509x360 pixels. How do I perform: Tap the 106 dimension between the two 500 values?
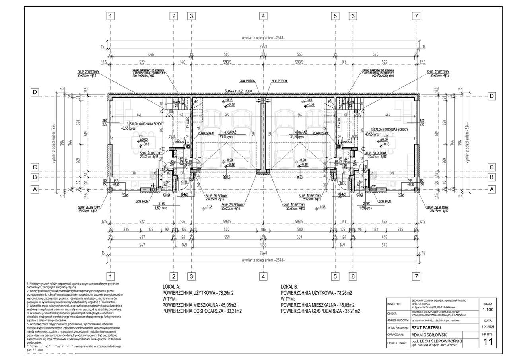263,230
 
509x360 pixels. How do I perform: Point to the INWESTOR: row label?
396,303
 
